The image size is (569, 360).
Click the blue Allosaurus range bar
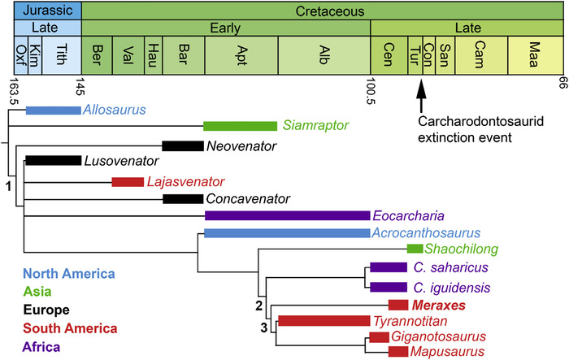(x=53, y=111)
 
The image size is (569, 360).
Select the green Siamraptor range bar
(x=240, y=126)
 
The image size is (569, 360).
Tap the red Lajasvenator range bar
(x=127, y=181)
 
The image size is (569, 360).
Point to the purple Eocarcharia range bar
(x=287, y=216)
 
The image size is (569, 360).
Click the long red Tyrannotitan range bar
(x=324, y=321)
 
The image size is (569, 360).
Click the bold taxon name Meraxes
(x=437, y=306)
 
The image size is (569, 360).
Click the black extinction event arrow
(x=421, y=96)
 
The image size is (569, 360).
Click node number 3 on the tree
(x=263, y=327)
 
